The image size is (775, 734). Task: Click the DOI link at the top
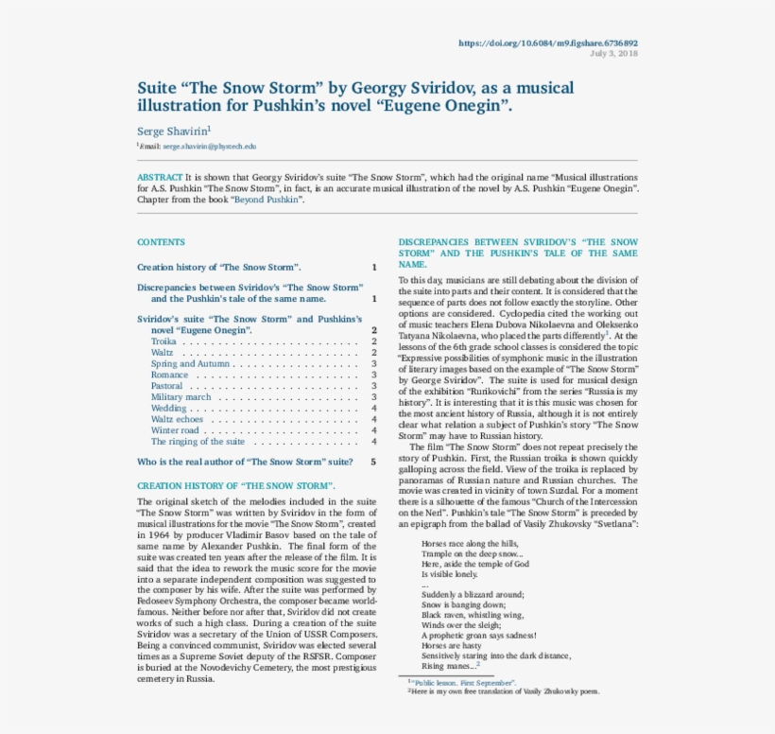coord(547,43)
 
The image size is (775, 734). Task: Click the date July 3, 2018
coord(613,53)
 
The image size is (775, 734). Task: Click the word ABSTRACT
coord(159,178)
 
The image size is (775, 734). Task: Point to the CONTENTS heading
coord(161,242)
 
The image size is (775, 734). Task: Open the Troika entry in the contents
coord(164,341)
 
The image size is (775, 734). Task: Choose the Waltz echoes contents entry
coord(177,419)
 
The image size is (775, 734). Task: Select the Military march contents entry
coord(181,397)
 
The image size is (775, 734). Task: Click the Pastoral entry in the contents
coord(166,386)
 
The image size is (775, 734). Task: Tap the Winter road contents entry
coord(175,430)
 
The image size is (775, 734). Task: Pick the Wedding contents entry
coord(168,408)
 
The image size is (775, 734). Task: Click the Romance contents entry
coord(169,375)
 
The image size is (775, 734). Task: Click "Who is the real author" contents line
coord(245,462)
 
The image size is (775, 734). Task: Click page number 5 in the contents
coord(374,462)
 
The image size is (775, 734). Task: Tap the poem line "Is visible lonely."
coord(450,574)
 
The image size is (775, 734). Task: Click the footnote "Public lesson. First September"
coord(464,681)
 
